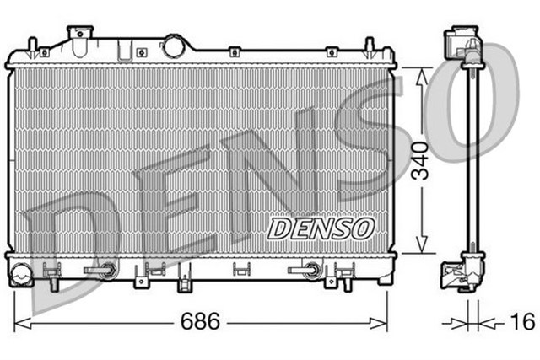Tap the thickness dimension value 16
(x=522, y=321)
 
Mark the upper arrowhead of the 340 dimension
(x=421, y=73)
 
